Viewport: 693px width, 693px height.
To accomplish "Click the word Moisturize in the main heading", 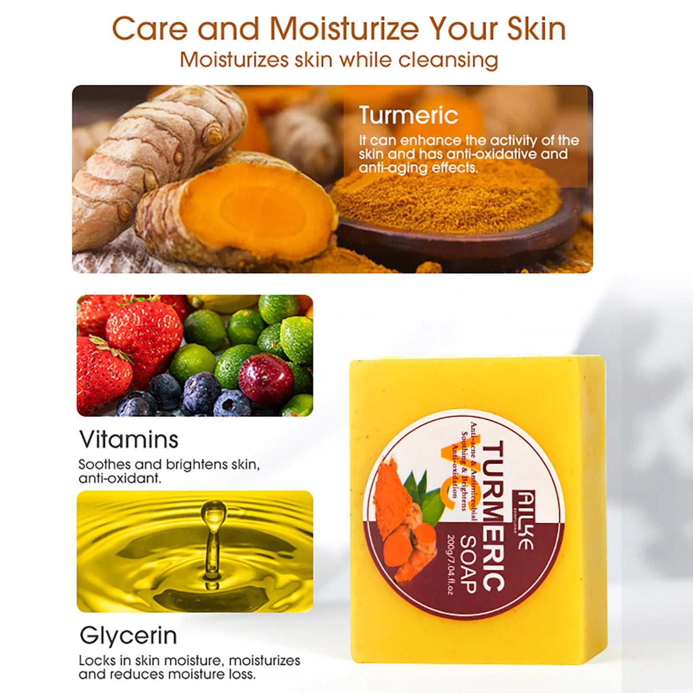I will (x=344, y=29).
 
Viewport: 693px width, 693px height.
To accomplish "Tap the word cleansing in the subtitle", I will (x=448, y=60).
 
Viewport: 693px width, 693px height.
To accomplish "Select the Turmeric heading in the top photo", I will (x=409, y=115).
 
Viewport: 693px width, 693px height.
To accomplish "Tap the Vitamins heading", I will (x=129, y=439).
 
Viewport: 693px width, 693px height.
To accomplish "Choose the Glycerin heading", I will (x=128, y=635).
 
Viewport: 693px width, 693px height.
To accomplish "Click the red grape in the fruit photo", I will (x=266, y=379).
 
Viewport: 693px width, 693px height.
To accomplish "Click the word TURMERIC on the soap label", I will (x=493, y=516).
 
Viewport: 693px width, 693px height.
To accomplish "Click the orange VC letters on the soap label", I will (x=448, y=472).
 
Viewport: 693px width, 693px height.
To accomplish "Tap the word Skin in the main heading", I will (x=536, y=29).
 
